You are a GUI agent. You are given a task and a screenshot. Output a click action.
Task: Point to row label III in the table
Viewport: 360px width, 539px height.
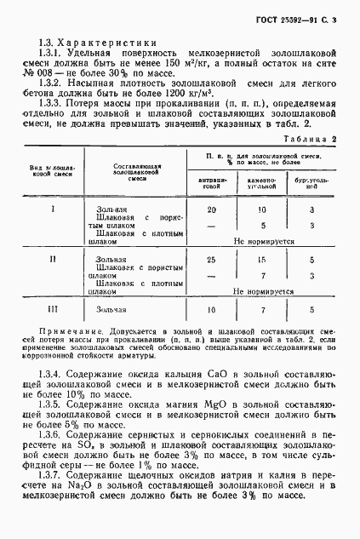click(54, 310)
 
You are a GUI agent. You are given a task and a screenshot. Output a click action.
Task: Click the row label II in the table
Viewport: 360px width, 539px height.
click(54, 259)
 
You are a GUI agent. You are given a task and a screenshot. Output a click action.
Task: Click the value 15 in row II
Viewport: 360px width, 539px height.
click(264, 259)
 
